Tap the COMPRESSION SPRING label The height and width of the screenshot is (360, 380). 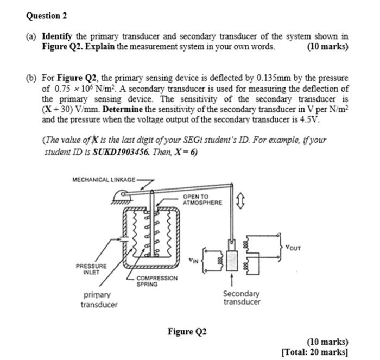tap(156, 280)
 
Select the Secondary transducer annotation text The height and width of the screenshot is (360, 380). tap(242, 298)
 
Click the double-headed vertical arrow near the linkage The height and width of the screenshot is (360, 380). tap(242, 203)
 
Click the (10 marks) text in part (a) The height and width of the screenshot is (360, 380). tap(327, 47)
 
